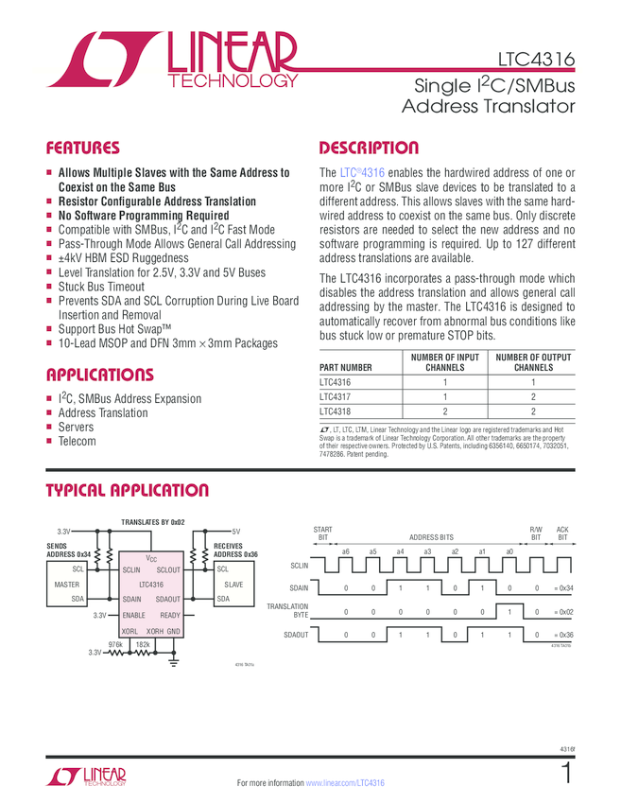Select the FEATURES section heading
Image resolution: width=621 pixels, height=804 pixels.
click(83, 148)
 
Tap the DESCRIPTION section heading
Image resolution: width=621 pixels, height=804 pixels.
click(369, 148)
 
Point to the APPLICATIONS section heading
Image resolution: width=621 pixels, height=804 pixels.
click(99, 374)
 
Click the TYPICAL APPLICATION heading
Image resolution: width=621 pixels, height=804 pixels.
click(128, 490)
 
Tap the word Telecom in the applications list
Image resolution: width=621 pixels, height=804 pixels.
click(78, 442)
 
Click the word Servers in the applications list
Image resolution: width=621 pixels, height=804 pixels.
click(77, 428)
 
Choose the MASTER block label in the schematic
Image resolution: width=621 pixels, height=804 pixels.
click(67, 585)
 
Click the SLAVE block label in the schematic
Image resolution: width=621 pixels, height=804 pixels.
click(233, 585)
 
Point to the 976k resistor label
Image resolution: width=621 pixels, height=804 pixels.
click(116, 643)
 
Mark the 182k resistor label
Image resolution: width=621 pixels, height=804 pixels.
click(144, 643)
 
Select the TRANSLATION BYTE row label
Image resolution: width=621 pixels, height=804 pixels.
click(287, 610)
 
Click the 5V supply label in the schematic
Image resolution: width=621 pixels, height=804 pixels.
click(236, 532)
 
